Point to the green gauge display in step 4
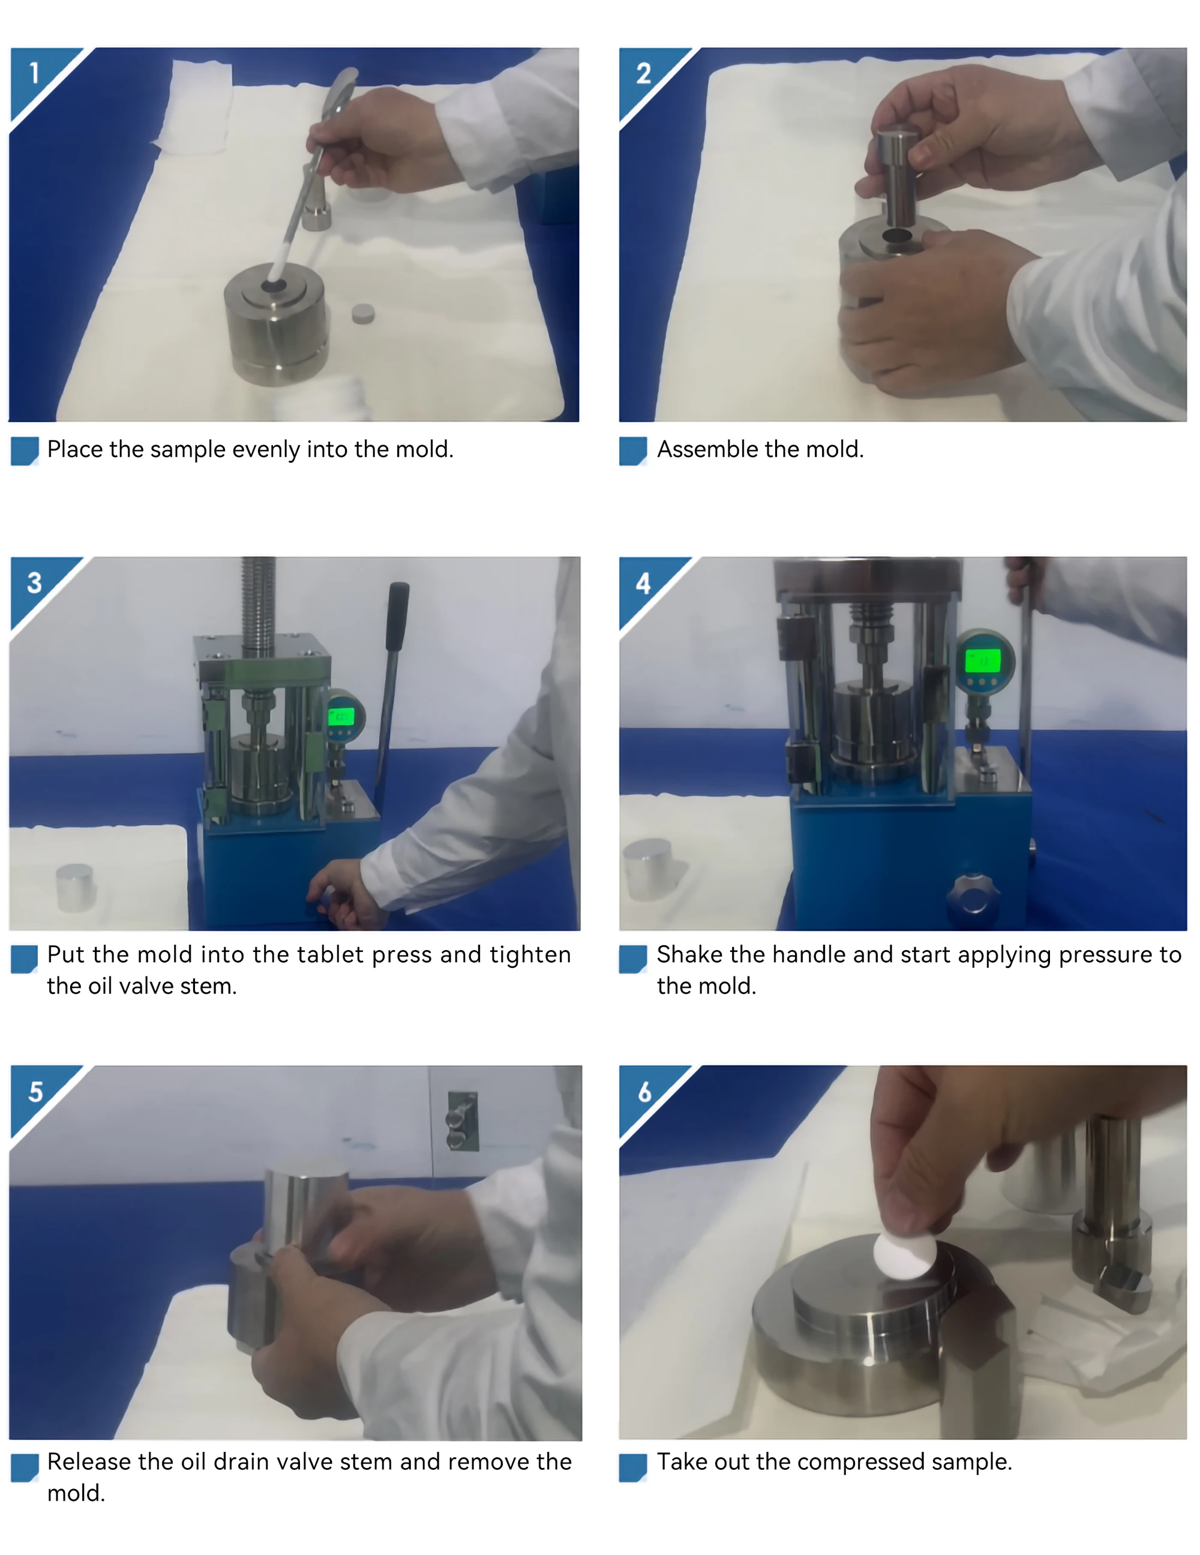coord(983,660)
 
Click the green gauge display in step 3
coord(341,715)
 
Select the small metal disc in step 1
coord(363,313)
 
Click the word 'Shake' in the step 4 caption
coord(689,954)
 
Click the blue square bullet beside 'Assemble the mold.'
coord(633,451)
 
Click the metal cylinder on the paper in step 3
coord(75,887)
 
